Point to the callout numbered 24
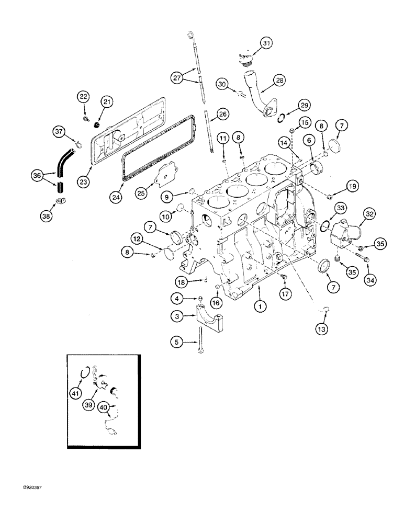[116, 197]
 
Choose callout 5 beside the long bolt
[178, 343]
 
